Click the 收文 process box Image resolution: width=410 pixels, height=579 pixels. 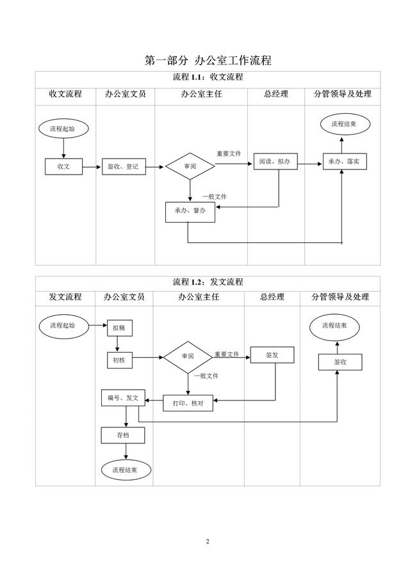63,166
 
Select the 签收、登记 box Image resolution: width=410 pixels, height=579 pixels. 122,166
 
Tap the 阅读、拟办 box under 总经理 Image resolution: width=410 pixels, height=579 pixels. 275,162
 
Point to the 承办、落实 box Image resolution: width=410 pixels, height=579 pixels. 343,162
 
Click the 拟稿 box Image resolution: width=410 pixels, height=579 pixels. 119,327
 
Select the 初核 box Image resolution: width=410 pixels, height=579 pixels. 119,360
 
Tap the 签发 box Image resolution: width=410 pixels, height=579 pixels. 272,354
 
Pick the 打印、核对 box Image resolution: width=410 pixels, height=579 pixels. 188,402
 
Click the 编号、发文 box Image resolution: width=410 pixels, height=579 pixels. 124,398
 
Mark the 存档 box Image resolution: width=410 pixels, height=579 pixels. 123,435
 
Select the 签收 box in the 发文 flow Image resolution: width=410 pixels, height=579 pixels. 340,362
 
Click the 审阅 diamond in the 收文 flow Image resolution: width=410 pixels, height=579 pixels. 190,166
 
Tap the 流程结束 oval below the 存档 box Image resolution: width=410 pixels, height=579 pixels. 126,470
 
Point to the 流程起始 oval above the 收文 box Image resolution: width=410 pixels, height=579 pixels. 63,129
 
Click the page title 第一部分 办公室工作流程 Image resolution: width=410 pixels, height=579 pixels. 208,61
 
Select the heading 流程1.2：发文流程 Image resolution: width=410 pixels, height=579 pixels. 208,282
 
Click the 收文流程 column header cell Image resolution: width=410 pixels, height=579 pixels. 65,94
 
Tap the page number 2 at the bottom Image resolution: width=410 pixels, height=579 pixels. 208,542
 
